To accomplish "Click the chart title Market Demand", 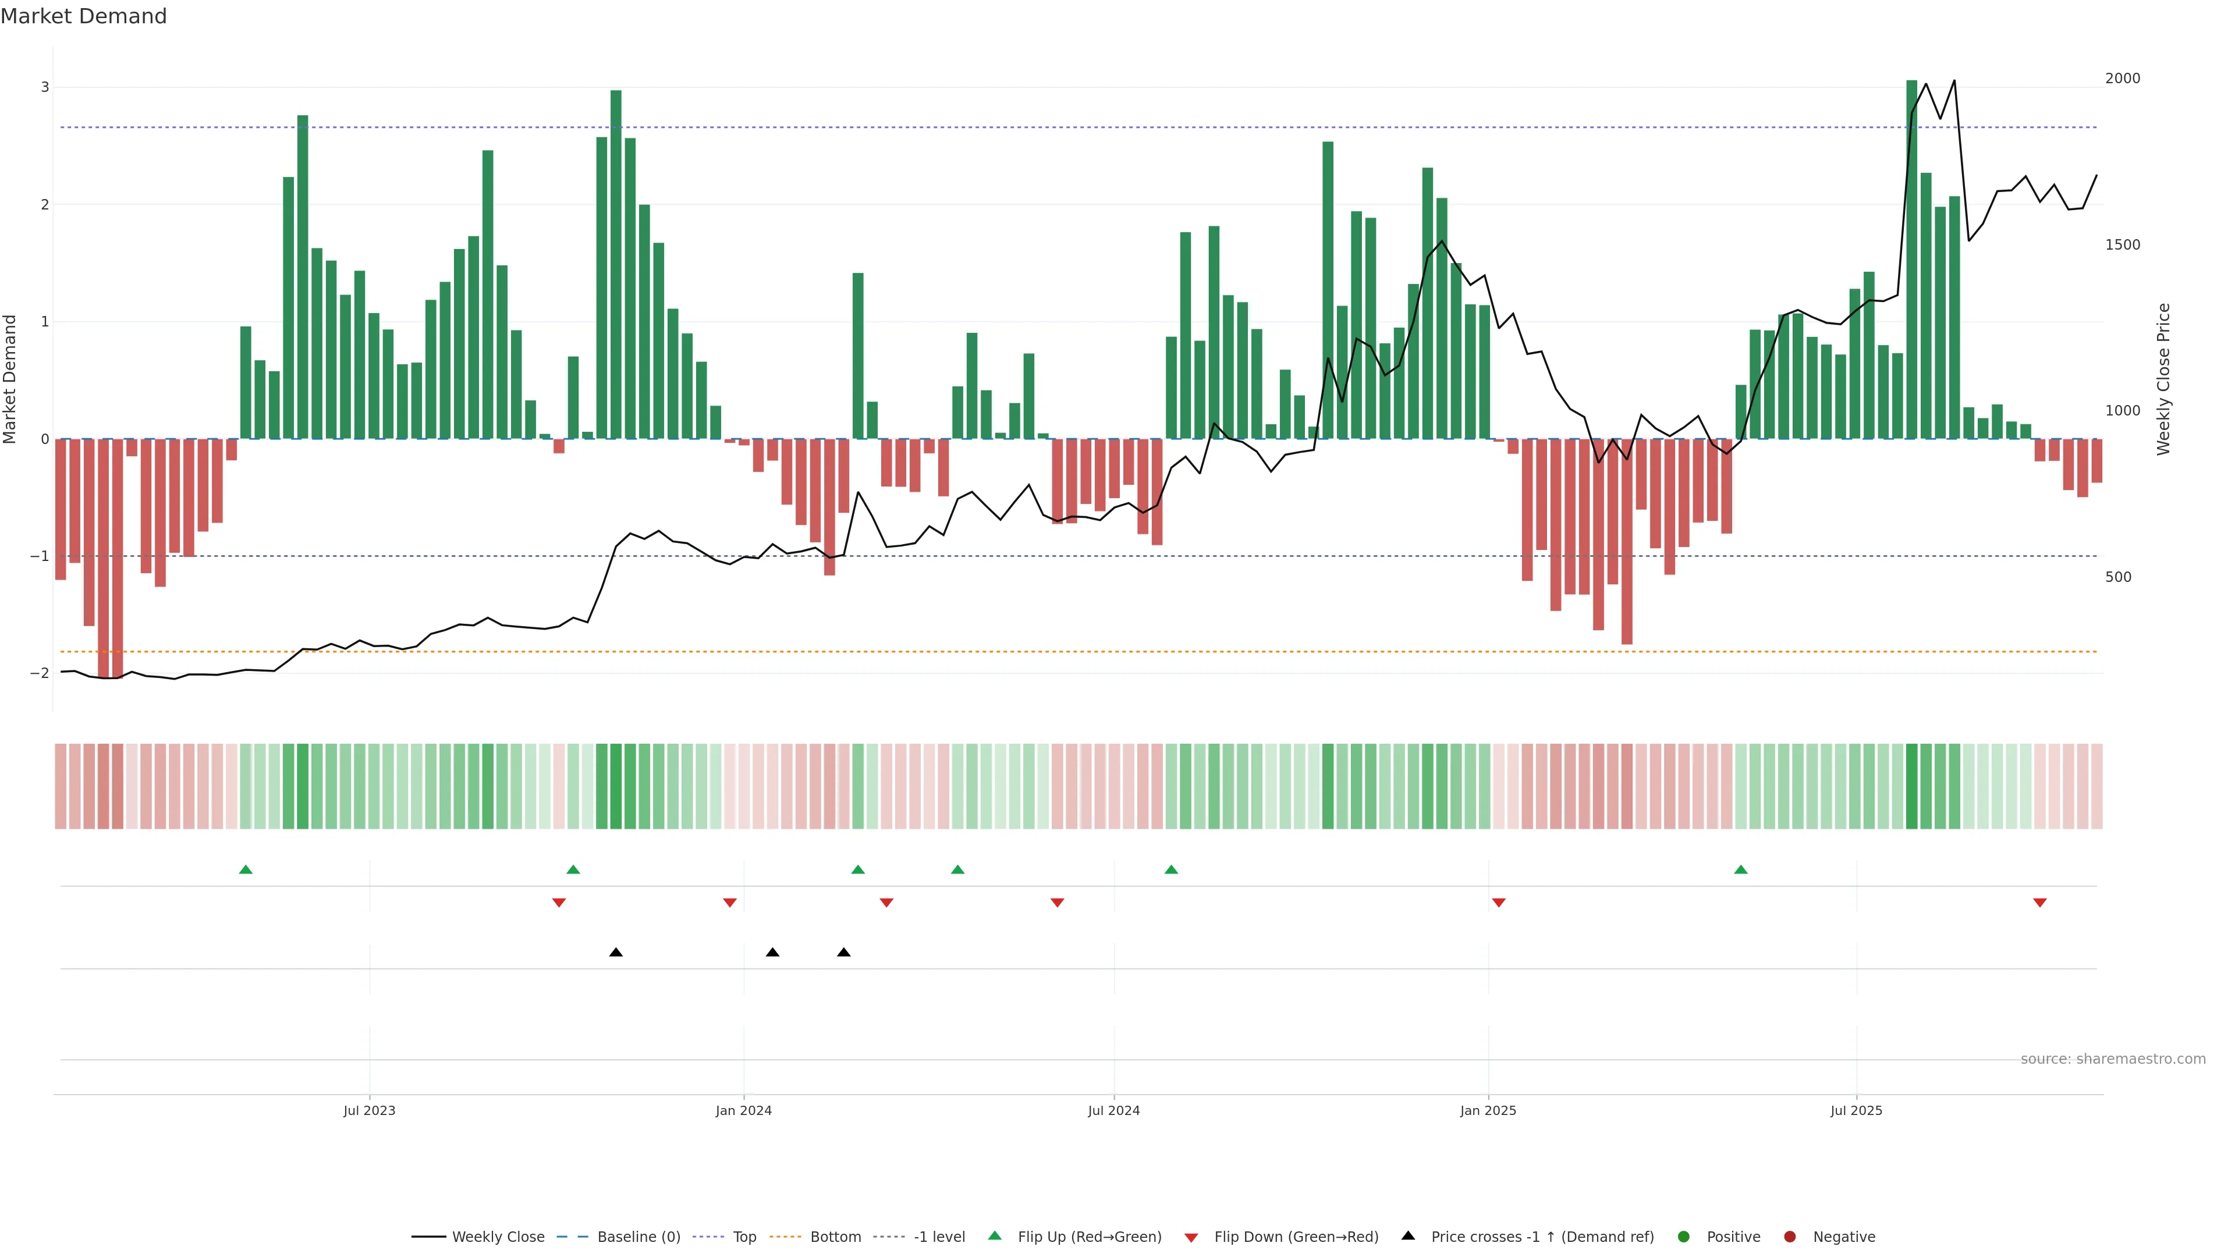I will [x=83, y=16].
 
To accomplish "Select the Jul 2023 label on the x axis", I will [x=369, y=1110].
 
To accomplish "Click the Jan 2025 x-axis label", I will [x=1488, y=1110].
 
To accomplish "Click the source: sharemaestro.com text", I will [x=2113, y=1059].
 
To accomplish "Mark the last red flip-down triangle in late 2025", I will [x=2040, y=903].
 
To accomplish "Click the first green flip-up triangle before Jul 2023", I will [x=246, y=869].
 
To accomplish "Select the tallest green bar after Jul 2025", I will [x=1911, y=260].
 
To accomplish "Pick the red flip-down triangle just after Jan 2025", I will [x=1498, y=903].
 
